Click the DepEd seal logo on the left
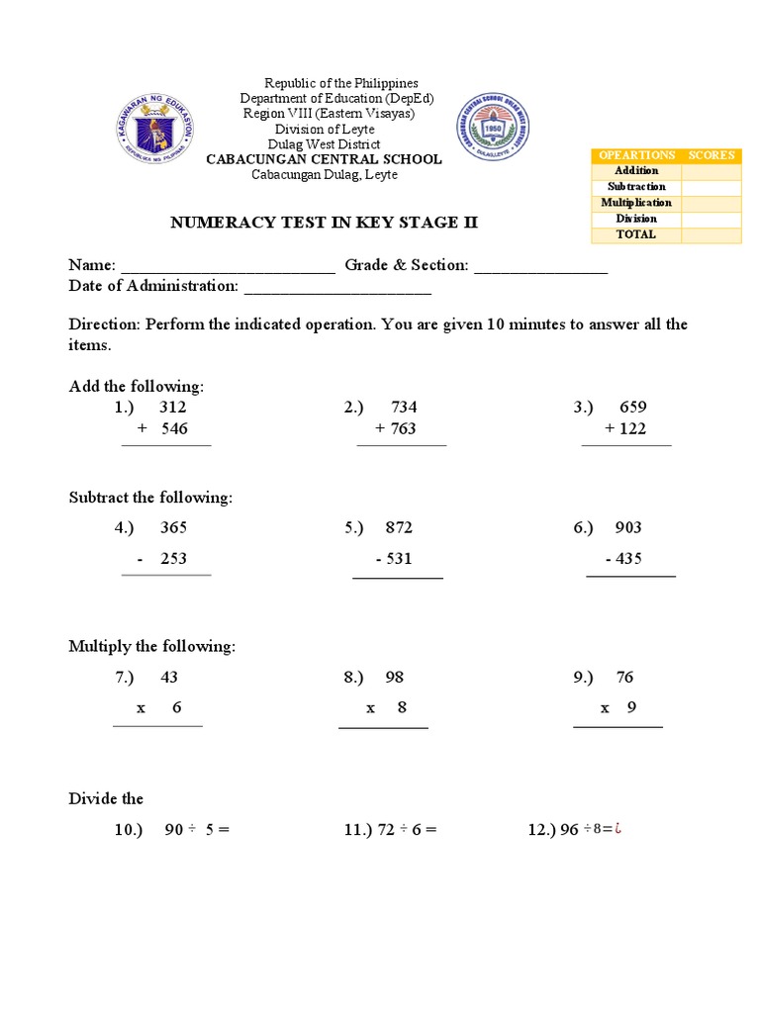pos(158,128)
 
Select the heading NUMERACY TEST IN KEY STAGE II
pos(324,223)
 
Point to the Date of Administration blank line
pos(337,287)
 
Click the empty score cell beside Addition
pos(711,171)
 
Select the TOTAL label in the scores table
pos(635,235)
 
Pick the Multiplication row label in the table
pos(635,203)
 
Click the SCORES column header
pos(712,155)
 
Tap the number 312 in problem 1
pos(172,408)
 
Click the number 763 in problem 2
pos(402,429)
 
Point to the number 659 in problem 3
pos(633,408)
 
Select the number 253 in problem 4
pos(173,559)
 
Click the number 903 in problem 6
pos(628,528)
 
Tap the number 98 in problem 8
pos(395,678)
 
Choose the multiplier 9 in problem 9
pos(631,708)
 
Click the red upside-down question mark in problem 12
pos(617,829)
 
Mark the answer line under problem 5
pos(398,577)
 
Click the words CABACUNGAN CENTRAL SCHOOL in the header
pos(324,159)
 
